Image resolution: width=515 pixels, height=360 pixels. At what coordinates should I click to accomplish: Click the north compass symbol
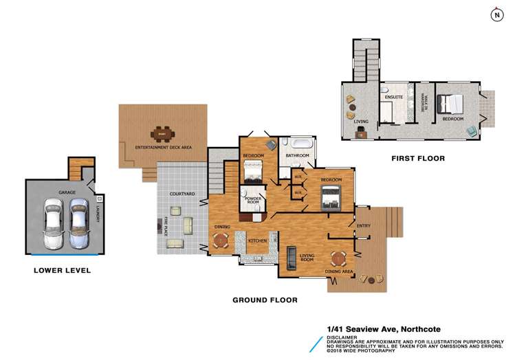496,14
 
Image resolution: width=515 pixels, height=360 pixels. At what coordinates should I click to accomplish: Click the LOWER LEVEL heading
62,271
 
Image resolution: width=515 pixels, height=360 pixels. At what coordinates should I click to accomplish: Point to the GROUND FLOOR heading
265,300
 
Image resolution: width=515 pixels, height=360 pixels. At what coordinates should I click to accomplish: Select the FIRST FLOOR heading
417,158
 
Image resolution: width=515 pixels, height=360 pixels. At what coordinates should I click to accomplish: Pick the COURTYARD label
183,194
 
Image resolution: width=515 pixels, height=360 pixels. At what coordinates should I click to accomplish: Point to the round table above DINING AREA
338,258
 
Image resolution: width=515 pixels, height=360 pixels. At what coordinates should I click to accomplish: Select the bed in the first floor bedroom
452,104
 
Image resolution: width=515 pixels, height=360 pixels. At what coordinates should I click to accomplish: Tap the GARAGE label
66,193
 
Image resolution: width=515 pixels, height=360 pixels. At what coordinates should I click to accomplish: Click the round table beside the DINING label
220,240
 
